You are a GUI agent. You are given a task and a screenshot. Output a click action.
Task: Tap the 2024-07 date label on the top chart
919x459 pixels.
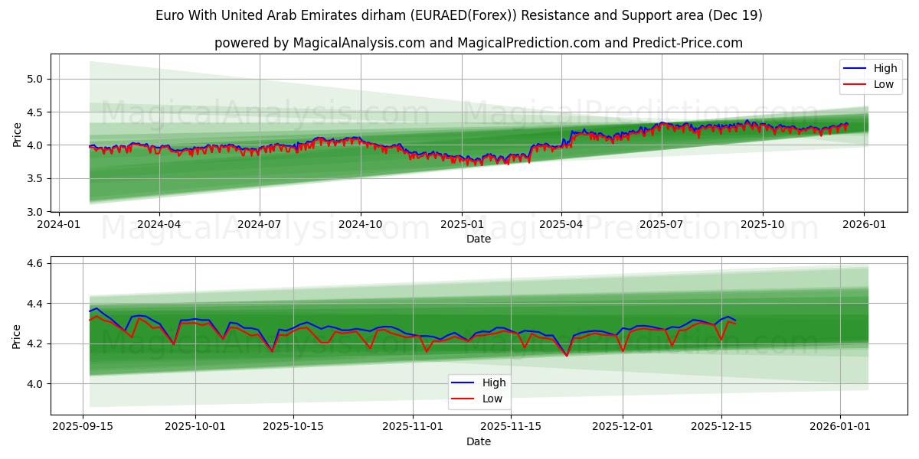pyautogui.click(x=259, y=225)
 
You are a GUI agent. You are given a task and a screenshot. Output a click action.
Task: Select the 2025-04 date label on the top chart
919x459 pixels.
pyautogui.click(x=561, y=225)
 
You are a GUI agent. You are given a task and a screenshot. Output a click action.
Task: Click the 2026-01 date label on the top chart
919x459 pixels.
pyautogui.click(x=864, y=225)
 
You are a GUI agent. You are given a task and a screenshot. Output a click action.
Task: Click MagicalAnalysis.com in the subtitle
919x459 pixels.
pyautogui.click(x=359, y=43)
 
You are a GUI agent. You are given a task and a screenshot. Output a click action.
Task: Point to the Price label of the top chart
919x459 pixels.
pyautogui.click(x=17, y=134)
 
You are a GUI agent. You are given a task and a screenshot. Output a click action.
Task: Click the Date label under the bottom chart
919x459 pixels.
pyautogui.click(x=478, y=441)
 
